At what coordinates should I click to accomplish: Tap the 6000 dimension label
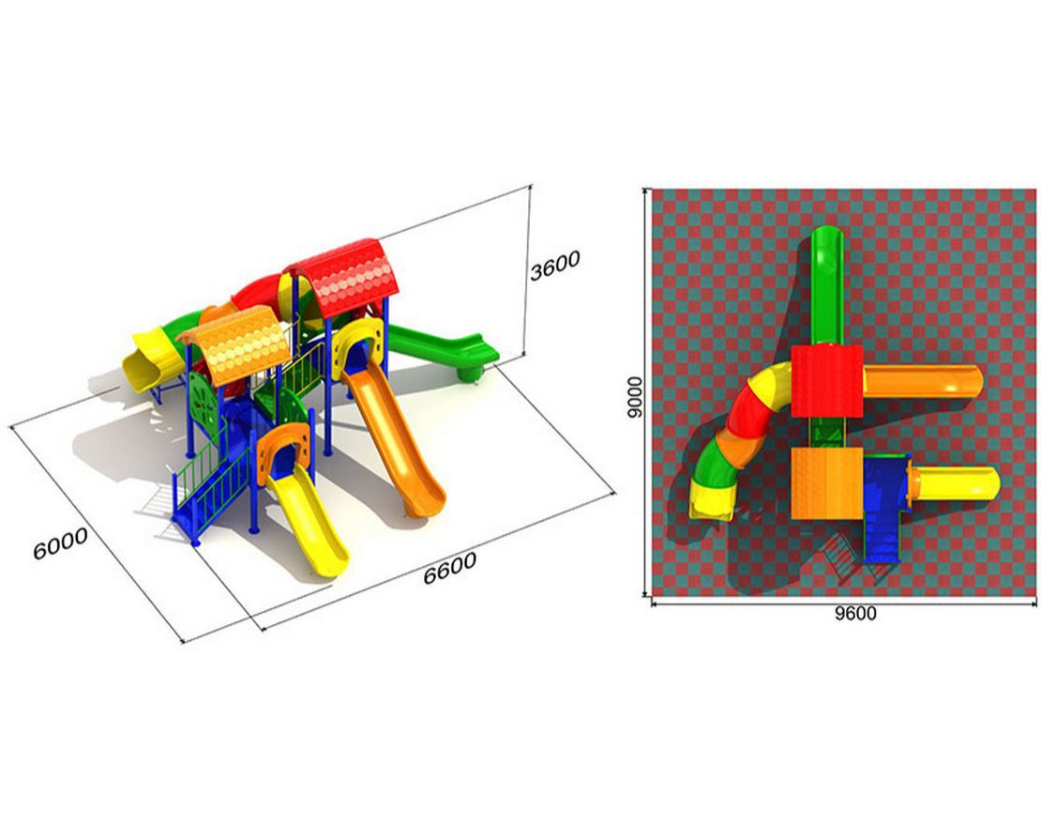point(60,543)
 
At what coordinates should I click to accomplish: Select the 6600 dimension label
point(450,569)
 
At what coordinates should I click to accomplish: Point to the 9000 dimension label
point(635,397)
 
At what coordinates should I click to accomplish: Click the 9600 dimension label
point(855,614)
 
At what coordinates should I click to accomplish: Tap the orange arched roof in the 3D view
point(237,344)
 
